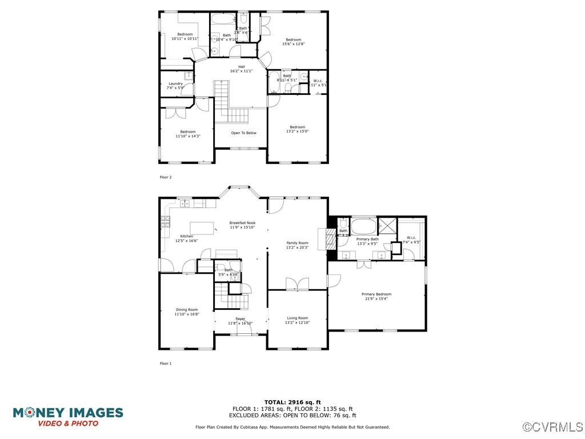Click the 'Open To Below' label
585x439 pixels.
pyautogui.click(x=243, y=133)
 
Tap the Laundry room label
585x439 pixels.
pyautogui.click(x=175, y=86)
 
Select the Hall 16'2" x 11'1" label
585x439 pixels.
pyautogui.click(x=241, y=69)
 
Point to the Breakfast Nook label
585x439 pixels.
pyautogui.click(x=242, y=225)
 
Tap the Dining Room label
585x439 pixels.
pyautogui.click(x=186, y=312)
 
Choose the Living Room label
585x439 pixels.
pyautogui.click(x=297, y=320)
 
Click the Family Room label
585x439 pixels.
pyautogui.click(x=297, y=245)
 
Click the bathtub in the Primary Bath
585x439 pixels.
pyautogui.click(x=363, y=224)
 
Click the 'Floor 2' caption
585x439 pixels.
pyautogui.click(x=165, y=177)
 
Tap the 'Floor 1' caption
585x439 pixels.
pyautogui.click(x=165, y=364)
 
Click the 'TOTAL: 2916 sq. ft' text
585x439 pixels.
pyautogui.click(x=292, y=402)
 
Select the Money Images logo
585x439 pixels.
pyautogui.click(x=68, y=416)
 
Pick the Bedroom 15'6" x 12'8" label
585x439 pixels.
pyautogui.click(x=293, y=42)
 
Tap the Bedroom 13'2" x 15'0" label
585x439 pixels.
pyautogui.click(x=297, y=129)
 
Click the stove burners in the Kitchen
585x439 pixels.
pyautogui.click(x=165, y=221)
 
